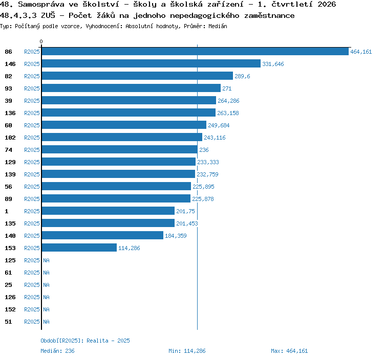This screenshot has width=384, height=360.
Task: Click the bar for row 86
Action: click(x=195, y=51)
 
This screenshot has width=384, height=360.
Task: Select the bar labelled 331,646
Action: click(x=151, y=63)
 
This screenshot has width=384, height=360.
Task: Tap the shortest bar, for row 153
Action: click(x=79, y=247)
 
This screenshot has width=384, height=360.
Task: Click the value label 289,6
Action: click(x=242, y=76)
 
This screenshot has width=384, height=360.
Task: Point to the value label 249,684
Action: click(x=219, y=125)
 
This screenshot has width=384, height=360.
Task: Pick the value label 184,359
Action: click(x=176, y=236)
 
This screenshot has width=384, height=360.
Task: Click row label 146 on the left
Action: click(x=10, y=64)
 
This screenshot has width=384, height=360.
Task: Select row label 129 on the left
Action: click(x=10, y=162)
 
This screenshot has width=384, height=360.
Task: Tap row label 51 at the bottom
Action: click(x=8, y=322)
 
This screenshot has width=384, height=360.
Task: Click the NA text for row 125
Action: click(x=46, y=260)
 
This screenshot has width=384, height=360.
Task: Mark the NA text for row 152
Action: click(x=46, y=309)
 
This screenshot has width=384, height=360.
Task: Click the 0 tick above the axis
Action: click(x=41, y=41)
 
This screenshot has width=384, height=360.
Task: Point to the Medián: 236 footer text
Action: click(x=57, y=351)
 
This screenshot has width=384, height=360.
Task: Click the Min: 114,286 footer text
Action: click(x=187, y=351)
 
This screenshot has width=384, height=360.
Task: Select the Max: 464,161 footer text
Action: click(x=289, y=351)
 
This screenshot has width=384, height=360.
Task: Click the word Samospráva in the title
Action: click(x=41, y=5)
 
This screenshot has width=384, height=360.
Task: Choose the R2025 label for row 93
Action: click(x=32, y=88)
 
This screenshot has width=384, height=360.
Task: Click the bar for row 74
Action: click(x=119, y=149)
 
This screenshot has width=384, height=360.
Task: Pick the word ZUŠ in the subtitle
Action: click(x=48, y=15)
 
